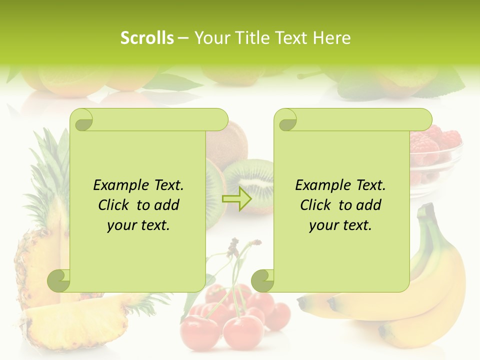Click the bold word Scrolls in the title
[x=147, y=38]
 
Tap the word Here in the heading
[x=331, y=38]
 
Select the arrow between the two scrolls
[x=237, y=199]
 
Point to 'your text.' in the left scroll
[x=138, y=225]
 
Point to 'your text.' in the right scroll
[x=340, y=225]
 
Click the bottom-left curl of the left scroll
[x=59, y=280]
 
